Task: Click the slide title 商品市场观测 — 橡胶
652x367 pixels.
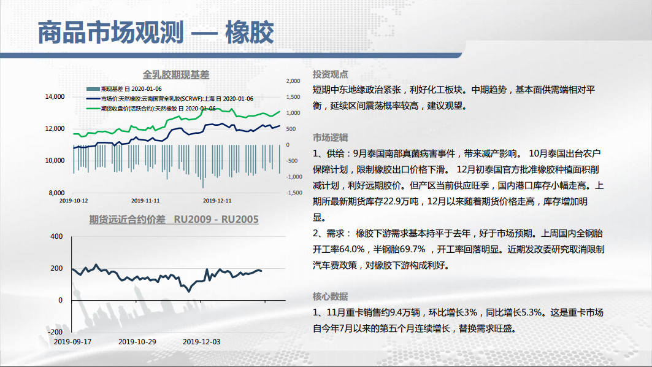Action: coord(156,33)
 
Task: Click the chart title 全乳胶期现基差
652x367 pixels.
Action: coord(176,75)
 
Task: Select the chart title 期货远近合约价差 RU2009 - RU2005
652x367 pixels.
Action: coord(174,219)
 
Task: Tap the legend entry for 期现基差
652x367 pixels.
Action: coord(124,88)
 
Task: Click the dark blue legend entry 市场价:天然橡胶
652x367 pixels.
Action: coord(170,99)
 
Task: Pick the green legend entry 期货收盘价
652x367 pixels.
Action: coord(151,109)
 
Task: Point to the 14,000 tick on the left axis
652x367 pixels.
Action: coord(55,96)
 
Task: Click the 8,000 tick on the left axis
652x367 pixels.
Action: coord(56,193)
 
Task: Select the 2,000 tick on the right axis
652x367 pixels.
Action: coord(293,81)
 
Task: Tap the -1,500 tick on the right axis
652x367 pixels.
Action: coord(294,193)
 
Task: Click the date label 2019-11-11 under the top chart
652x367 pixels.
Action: coord(145,201)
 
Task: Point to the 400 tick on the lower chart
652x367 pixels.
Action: coord(56,236)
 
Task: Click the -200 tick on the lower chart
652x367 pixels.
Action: coord(55,332)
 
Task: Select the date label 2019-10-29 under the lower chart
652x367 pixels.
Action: coord(137,342)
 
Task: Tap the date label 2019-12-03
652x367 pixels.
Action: coord(202,342)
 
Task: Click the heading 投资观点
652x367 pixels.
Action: coord(330,74)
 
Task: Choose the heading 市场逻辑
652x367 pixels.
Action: coord(330,137)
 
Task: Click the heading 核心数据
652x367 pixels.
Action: coord(330,296)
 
